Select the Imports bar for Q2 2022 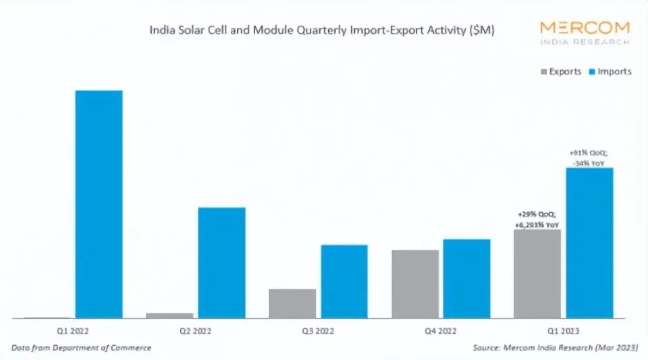click(221, 263)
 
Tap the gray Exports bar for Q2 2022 click(169, 315)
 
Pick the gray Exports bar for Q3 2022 click(292, 303)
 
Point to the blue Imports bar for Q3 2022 click(344, 281)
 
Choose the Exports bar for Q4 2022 click(415, 284)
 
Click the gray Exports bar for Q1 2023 click(537, 274)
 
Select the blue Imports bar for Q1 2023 click(589, 243)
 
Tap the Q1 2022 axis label click(73, 331)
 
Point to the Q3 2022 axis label click(318, 331)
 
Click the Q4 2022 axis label click(441, 331)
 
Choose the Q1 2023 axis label click(563, 331)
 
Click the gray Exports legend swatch click(543, 72)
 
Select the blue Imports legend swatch click(593, 72)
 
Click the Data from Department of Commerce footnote click(81, 348)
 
